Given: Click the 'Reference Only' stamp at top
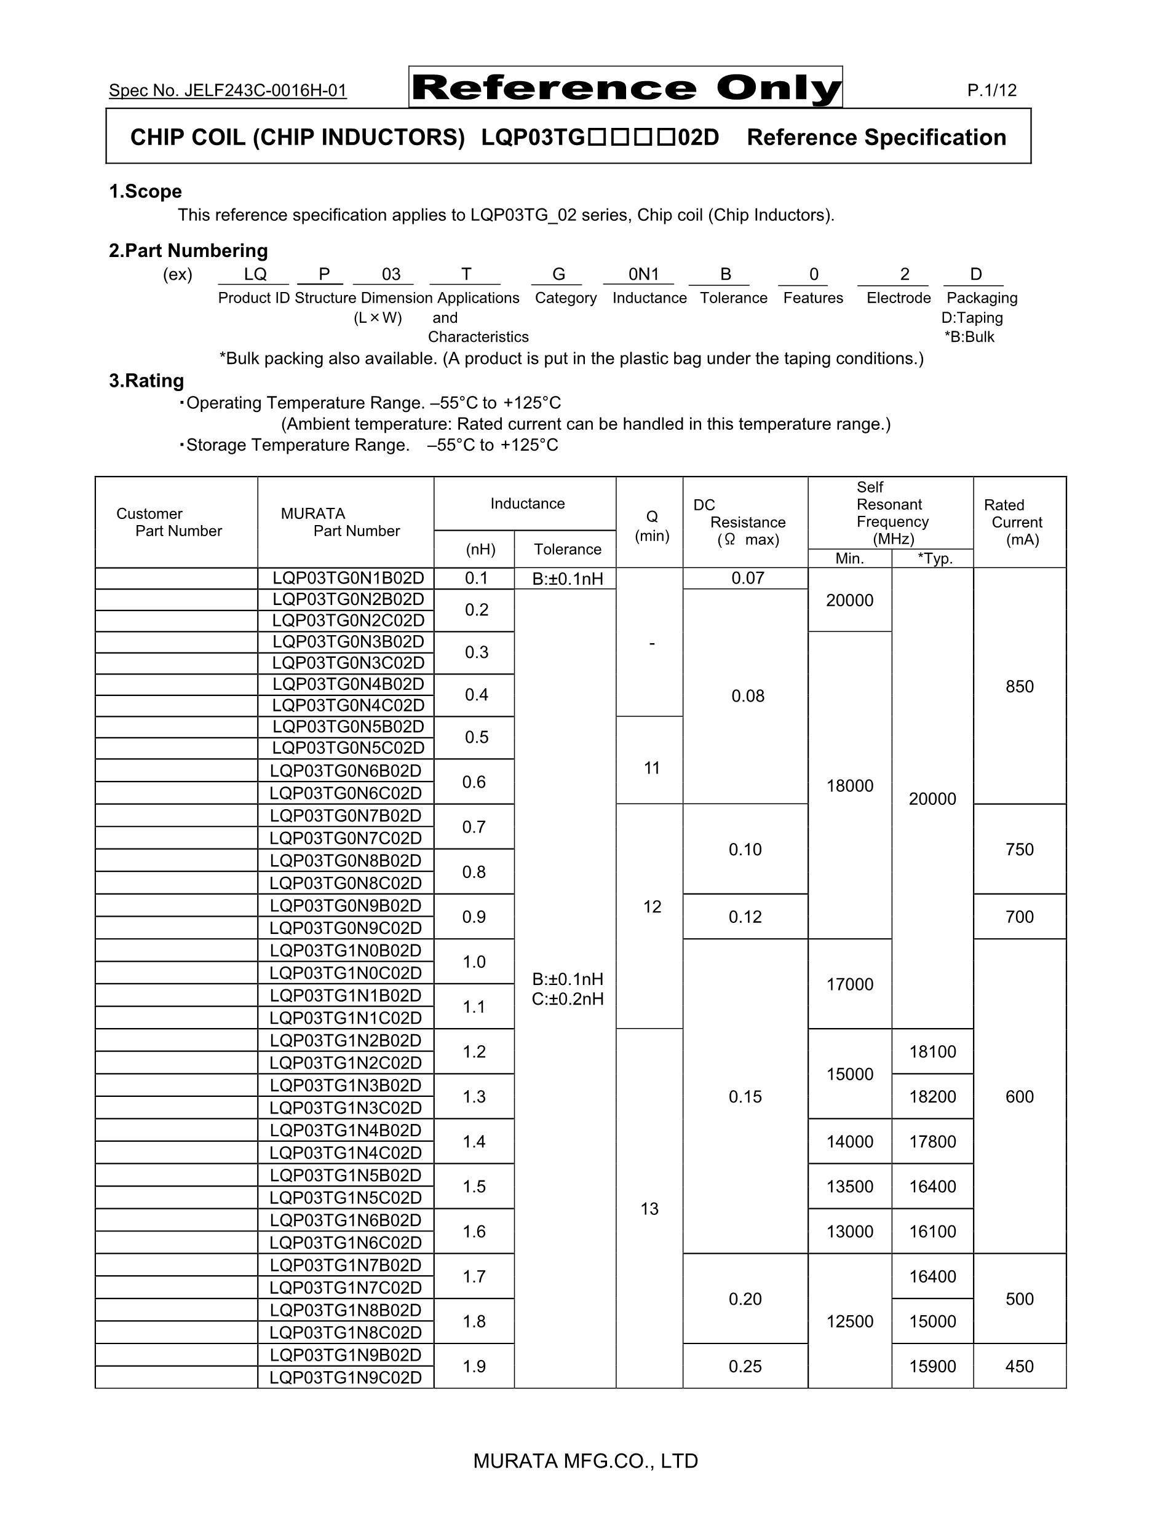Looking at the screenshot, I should pyautogui.click(x=625, y=87).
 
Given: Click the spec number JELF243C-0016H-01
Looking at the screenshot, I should pyautogui.click(x=228, y=91).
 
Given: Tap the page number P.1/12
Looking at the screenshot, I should pyautogui.click(x=991, y=90).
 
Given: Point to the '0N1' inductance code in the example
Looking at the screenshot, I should pyautogui.click(x=643, y=275).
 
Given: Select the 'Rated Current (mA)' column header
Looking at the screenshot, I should pyautogui.click(x=1017, y=523).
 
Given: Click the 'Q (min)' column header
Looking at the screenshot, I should pyautogui.click(x=651, y=526).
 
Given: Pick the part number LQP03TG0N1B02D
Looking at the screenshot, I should pyautogui.click(x=347, y=579).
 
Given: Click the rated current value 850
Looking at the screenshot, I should pyautogui.click(x=1019, y=687).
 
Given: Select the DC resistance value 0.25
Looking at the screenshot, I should pyautogui.click(x=745, y=1367).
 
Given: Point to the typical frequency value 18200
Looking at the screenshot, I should pyautogui.click(x=932, y=1097).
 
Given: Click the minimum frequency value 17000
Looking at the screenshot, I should pyautogui.click(x=849, y=984).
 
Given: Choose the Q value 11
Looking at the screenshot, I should pyautogui.click(x=651, y=768).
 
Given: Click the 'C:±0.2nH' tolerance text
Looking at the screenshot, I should pyautogui.click(x=568, y=999).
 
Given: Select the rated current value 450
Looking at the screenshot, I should pyautogui.click(x=1019, y=1367).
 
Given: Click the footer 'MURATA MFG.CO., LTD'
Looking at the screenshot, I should pyautogui.click(x=585, y=1462).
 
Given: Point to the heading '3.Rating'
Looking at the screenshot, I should pyautogui.click(x=146, y=381).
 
